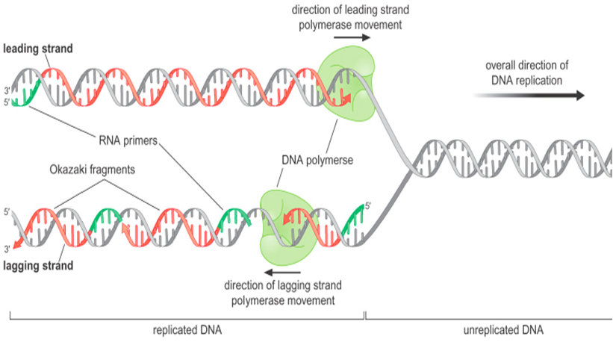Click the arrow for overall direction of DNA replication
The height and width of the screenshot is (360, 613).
click(x=529, y=96)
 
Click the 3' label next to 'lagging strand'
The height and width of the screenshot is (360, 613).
click(x=7, y=249)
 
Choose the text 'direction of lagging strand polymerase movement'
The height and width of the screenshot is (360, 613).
click(x=280, y=293)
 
